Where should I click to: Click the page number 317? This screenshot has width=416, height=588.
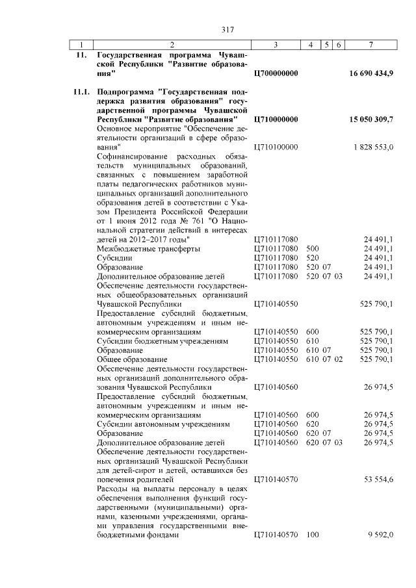tap(227, 29)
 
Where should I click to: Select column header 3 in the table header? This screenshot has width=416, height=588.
tap(276, 45)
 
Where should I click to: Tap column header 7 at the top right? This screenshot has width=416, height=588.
tap(371, 45)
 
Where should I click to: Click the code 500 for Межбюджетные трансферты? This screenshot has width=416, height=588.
tap(312, 249)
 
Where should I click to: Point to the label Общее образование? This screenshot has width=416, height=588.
tap(132, 359)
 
